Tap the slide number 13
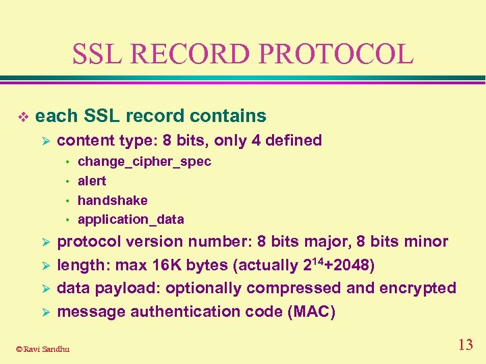click(x=465, y=345)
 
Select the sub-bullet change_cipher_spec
click(x=144, y=162)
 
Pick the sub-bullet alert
click(x=92, y=181)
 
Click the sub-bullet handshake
click(x=113, y=200)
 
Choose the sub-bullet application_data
click(x=131, y=219)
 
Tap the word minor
click(x=425, y=241)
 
